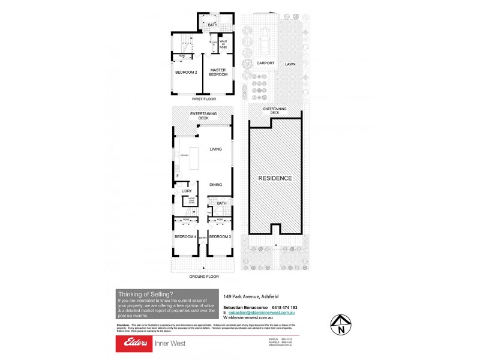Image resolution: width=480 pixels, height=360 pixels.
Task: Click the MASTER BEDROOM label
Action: click(218, 72)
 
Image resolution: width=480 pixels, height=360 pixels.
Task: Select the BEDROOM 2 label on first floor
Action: click(186, 73)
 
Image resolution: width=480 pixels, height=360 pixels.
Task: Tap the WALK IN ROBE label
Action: click(223, 43)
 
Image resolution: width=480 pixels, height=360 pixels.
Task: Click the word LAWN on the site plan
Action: click(290, 63)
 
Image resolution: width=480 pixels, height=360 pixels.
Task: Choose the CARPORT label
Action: click(265, 63)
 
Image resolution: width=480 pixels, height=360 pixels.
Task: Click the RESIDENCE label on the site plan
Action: click(275, 178)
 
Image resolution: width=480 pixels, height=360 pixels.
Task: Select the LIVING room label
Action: click(216, 149)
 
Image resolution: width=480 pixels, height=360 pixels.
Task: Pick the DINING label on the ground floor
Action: click(216, 185)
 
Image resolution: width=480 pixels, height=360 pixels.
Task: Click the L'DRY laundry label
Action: click(186, 191)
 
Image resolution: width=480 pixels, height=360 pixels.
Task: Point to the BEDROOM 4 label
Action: click(185, 237)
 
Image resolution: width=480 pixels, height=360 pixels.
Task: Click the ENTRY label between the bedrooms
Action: click(202, 238)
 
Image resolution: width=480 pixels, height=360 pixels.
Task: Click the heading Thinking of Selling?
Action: click(146, 294)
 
